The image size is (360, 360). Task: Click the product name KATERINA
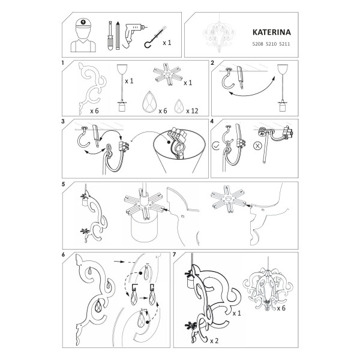click(x=272, y=32)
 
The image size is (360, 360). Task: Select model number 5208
click(x=257, y=44)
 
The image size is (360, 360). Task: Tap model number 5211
click(x=284, y=44)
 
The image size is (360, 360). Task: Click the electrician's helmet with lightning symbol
click(x=83, y=23)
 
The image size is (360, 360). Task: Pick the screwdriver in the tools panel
click(x=110, y=36)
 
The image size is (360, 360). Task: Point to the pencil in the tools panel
click(x=118, y=35)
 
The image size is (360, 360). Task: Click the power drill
click(x=132, y=34)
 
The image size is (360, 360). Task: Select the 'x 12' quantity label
click(x=192, y=111)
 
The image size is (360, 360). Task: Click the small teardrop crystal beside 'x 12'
click(x=179, y=106)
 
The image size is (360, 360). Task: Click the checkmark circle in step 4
click(x=216, y=145)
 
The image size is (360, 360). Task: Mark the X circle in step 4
click(x=257, y=146)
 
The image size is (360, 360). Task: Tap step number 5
click(x=64, y=184)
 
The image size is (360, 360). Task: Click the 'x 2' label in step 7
click(x=214, y=341)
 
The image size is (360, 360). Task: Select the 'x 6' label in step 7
click(x=281, y=308)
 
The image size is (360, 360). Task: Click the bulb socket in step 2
click(x=282, y=107)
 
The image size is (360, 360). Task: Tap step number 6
click(x=64, y=254)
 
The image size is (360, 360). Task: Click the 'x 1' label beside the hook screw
click(x=167, y=43)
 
